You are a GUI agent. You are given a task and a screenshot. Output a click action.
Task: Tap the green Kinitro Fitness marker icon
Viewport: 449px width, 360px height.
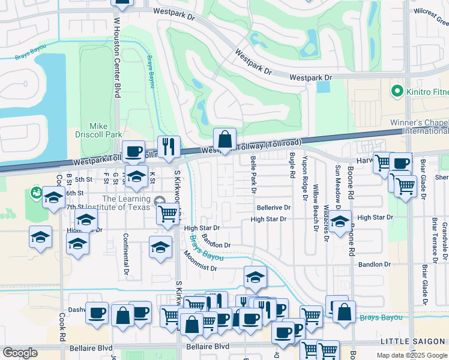tap(397, 92)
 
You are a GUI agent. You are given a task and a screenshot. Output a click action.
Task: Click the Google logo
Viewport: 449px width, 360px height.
tap(20, 353)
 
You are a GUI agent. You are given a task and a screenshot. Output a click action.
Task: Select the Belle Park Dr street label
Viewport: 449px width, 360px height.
tap(253, 175)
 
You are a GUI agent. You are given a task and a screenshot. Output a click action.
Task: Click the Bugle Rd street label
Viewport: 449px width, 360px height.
tap(292, 165)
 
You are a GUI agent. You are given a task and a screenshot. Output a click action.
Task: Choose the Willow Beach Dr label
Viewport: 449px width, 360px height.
tap(315, 208)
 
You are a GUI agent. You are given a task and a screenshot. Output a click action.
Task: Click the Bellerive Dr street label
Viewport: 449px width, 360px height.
tap(274, 208)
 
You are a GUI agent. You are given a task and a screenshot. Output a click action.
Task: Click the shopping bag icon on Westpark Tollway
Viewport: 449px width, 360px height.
tap(224, 139)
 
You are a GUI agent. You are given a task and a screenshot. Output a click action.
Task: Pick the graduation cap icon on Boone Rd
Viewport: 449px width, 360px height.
tap(340, 221)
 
